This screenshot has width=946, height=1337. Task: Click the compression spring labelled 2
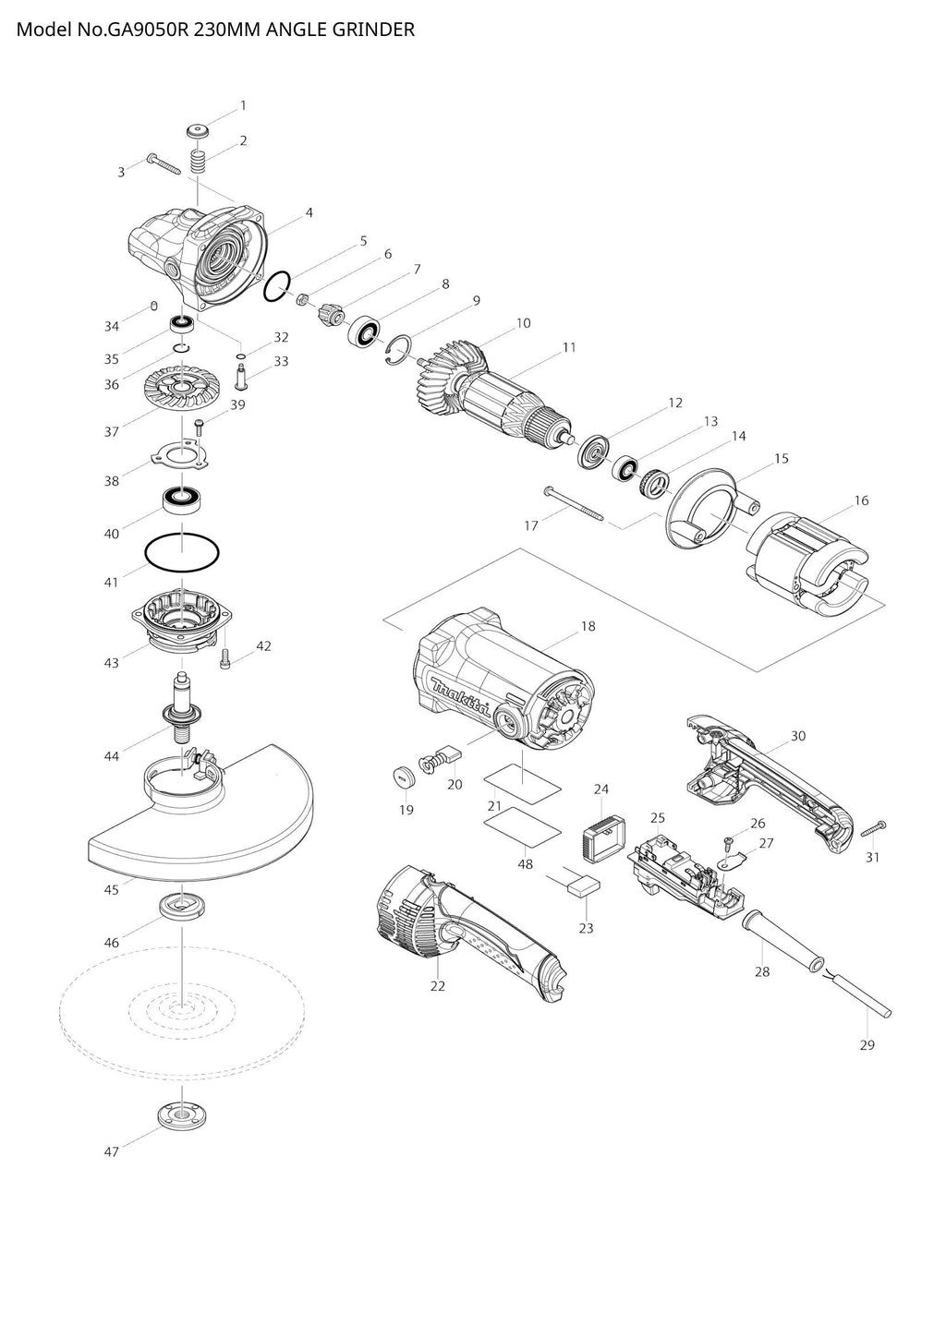(x=197, y=165)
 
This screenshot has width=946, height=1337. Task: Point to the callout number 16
(x=861, y=500)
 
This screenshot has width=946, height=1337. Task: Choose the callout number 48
(x=525, y=864)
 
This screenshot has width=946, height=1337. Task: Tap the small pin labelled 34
(x=154, y=306)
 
